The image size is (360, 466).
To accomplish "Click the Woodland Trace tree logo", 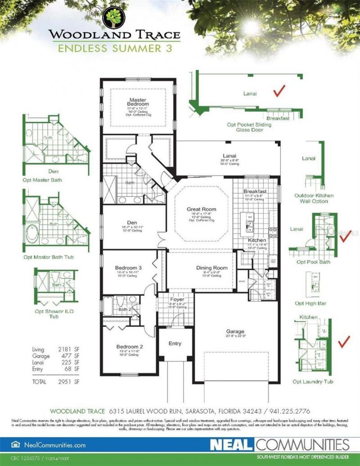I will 114,17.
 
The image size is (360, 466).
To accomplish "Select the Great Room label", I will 201,209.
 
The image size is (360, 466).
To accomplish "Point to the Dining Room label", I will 212,268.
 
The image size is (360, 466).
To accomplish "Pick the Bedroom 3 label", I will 129,268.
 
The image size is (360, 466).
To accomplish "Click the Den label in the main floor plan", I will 131,222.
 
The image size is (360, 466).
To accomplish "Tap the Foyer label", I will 173,300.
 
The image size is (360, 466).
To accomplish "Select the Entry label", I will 175,344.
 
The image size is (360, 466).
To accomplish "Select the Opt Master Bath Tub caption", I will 49,257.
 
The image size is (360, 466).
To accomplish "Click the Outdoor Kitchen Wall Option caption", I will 314,198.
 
